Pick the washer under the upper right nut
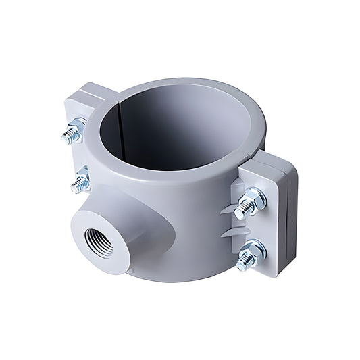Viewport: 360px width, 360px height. click(x=260, y=198)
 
